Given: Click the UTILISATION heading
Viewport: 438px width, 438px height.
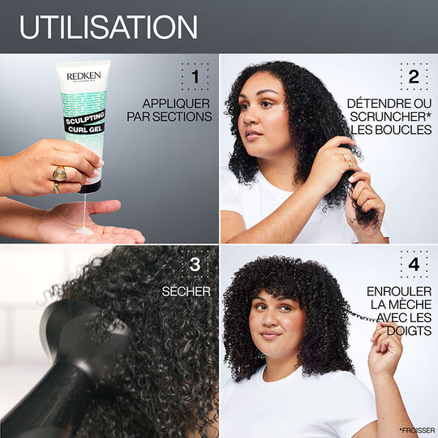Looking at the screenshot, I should [108, 27].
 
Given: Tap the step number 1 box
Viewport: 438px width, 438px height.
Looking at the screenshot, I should [194, 77].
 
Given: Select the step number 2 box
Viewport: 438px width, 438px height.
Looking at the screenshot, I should [413, 77].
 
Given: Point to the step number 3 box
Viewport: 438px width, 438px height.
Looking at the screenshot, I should [194, 264].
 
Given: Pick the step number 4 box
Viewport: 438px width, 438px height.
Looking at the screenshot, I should [413, 264].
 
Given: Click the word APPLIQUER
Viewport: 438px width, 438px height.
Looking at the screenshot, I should [177, 103].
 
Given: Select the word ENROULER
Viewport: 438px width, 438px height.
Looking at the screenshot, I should [399, 290].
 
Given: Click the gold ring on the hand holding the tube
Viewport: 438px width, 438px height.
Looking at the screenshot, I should [59, 173].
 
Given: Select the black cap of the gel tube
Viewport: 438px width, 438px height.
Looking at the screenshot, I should [89, 186].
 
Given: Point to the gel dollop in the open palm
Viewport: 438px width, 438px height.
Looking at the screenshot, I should [83, 230].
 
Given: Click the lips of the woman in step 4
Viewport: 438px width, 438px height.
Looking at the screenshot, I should [269, 333].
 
